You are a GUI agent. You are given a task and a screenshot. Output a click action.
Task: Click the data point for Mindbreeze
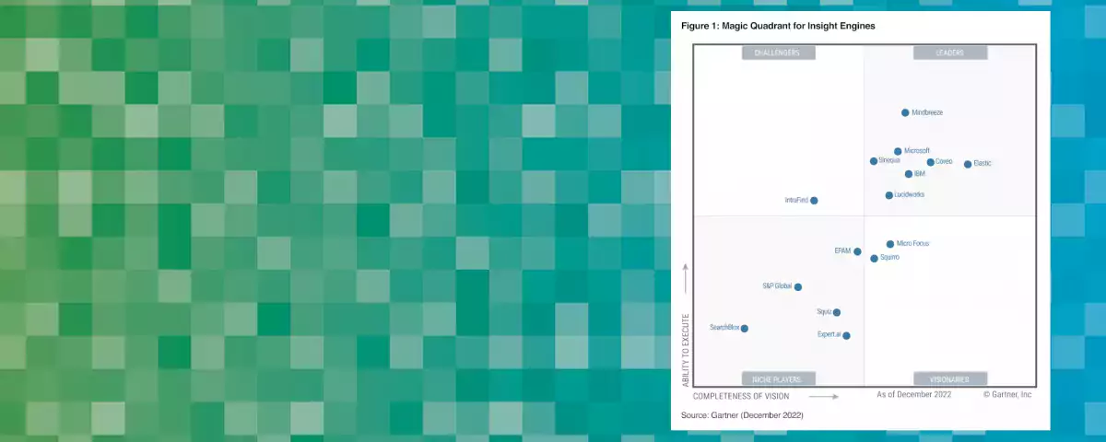[905, 112]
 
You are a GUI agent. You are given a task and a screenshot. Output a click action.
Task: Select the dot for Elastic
[968, 164]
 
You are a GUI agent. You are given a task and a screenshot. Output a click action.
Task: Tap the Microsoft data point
[898, 151]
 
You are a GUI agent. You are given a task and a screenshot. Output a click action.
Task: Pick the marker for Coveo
[931, 162]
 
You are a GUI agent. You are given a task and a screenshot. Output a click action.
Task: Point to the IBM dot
[909, 174]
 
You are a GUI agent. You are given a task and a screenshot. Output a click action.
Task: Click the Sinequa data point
[874, 161]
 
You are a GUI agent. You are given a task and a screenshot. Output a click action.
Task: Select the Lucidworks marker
[889, 195]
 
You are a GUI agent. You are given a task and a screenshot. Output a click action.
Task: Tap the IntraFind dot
[814, 200]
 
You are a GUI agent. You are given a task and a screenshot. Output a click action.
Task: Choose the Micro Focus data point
[890, 244]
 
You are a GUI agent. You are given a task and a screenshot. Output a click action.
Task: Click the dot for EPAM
[857, 251]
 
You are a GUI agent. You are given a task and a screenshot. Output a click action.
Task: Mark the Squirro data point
[875, 259]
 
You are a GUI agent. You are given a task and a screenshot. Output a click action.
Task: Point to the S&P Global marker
[798, 287]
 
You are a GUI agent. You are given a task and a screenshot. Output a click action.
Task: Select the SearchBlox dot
[745, 329]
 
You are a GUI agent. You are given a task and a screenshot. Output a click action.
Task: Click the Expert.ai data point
[846, 335]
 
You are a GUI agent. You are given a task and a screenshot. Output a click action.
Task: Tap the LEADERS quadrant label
[950, 53]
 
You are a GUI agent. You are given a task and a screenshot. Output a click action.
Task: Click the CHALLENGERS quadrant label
[778, 53]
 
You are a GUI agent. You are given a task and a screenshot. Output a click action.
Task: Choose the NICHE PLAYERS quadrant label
[778, 378]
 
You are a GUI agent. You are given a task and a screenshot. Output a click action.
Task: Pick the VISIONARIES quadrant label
[950, 378]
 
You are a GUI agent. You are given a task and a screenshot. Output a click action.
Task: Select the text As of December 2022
[914, 394]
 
